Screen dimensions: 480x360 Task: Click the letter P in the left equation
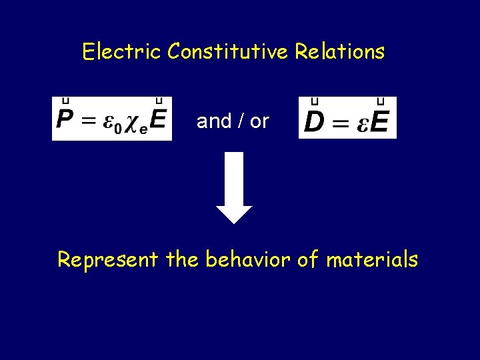coord(65,121)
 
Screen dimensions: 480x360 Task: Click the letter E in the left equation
coord(159,121)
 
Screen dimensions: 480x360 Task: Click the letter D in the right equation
coord(315,121)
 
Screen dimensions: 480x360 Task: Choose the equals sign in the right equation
coord(341,121)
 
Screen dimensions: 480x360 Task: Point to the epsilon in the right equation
coord(362,123)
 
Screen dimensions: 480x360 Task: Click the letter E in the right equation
coord(380,121)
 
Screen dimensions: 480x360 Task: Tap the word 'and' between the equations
coord(214,121)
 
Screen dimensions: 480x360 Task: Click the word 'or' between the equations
coord(260,122)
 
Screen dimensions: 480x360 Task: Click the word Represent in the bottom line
coord(107,259)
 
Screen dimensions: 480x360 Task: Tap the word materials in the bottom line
coord(372,259)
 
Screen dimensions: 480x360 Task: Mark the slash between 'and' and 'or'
coord(241,121)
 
